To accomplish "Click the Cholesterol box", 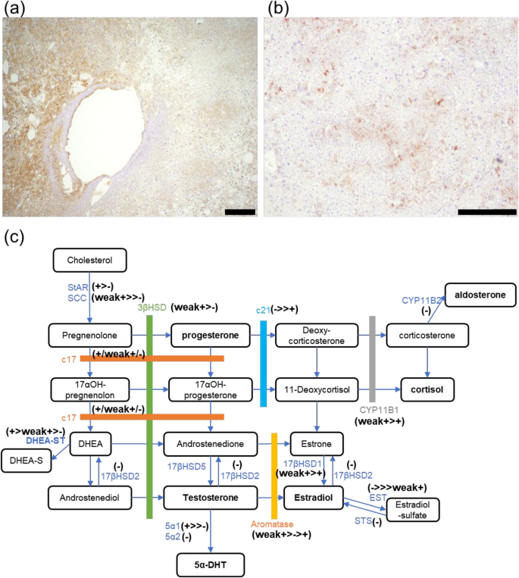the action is tap(89, 260).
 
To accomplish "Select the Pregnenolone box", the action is tap(89, 335).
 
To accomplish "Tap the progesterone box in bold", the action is tap(208, 335).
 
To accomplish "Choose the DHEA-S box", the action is tap(28, 460).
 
